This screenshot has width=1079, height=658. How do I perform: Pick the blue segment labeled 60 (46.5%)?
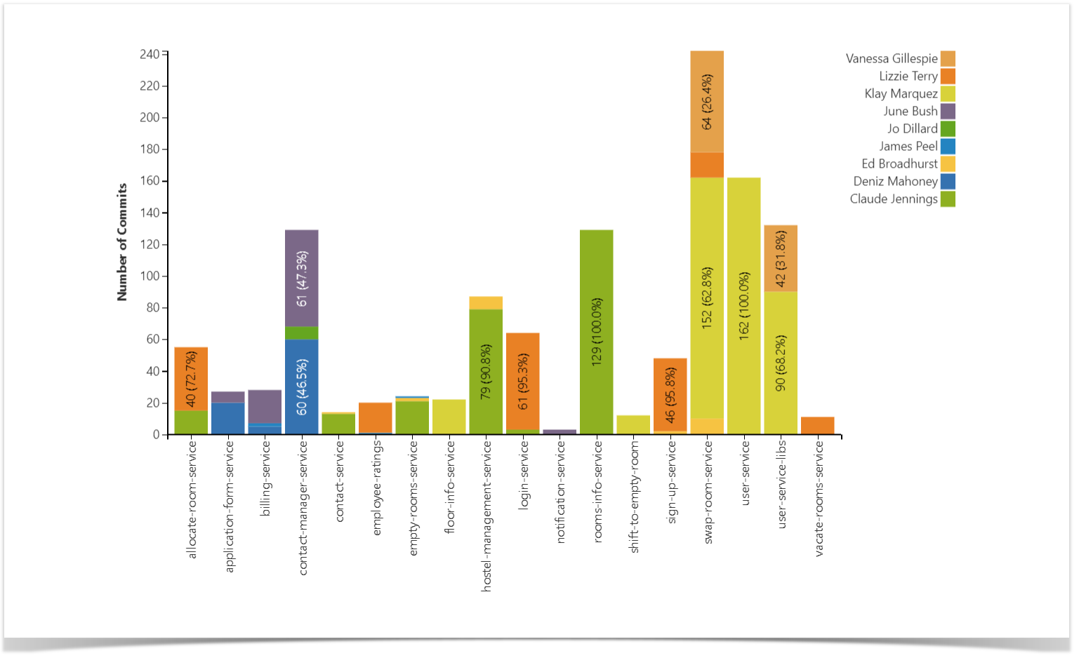(301, 387)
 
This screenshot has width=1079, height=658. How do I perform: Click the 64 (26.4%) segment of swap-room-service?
(707, 102)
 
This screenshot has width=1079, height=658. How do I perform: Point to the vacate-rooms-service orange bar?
(817, 426)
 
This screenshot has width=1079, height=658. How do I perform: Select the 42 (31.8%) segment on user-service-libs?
(781, 259)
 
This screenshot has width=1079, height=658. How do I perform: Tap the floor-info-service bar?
(449, 417)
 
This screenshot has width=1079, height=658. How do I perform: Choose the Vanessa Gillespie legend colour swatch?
(948, 59)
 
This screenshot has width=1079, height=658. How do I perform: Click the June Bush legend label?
(910, 112)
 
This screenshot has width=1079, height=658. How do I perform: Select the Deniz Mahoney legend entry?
(895, 182)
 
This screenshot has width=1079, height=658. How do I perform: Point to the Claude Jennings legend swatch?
(948, 199)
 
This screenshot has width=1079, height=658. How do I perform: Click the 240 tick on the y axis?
(150, 54)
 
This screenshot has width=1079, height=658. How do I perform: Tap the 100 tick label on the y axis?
(150, 276)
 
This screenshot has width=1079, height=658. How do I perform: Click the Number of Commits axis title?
(122, 242)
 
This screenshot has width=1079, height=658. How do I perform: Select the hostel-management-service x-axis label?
(486, 516)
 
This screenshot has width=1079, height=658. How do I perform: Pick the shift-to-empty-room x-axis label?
(635, 497)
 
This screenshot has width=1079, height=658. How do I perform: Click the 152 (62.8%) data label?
(707, 297)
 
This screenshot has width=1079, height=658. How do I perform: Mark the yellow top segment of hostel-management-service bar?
(486, 303)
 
